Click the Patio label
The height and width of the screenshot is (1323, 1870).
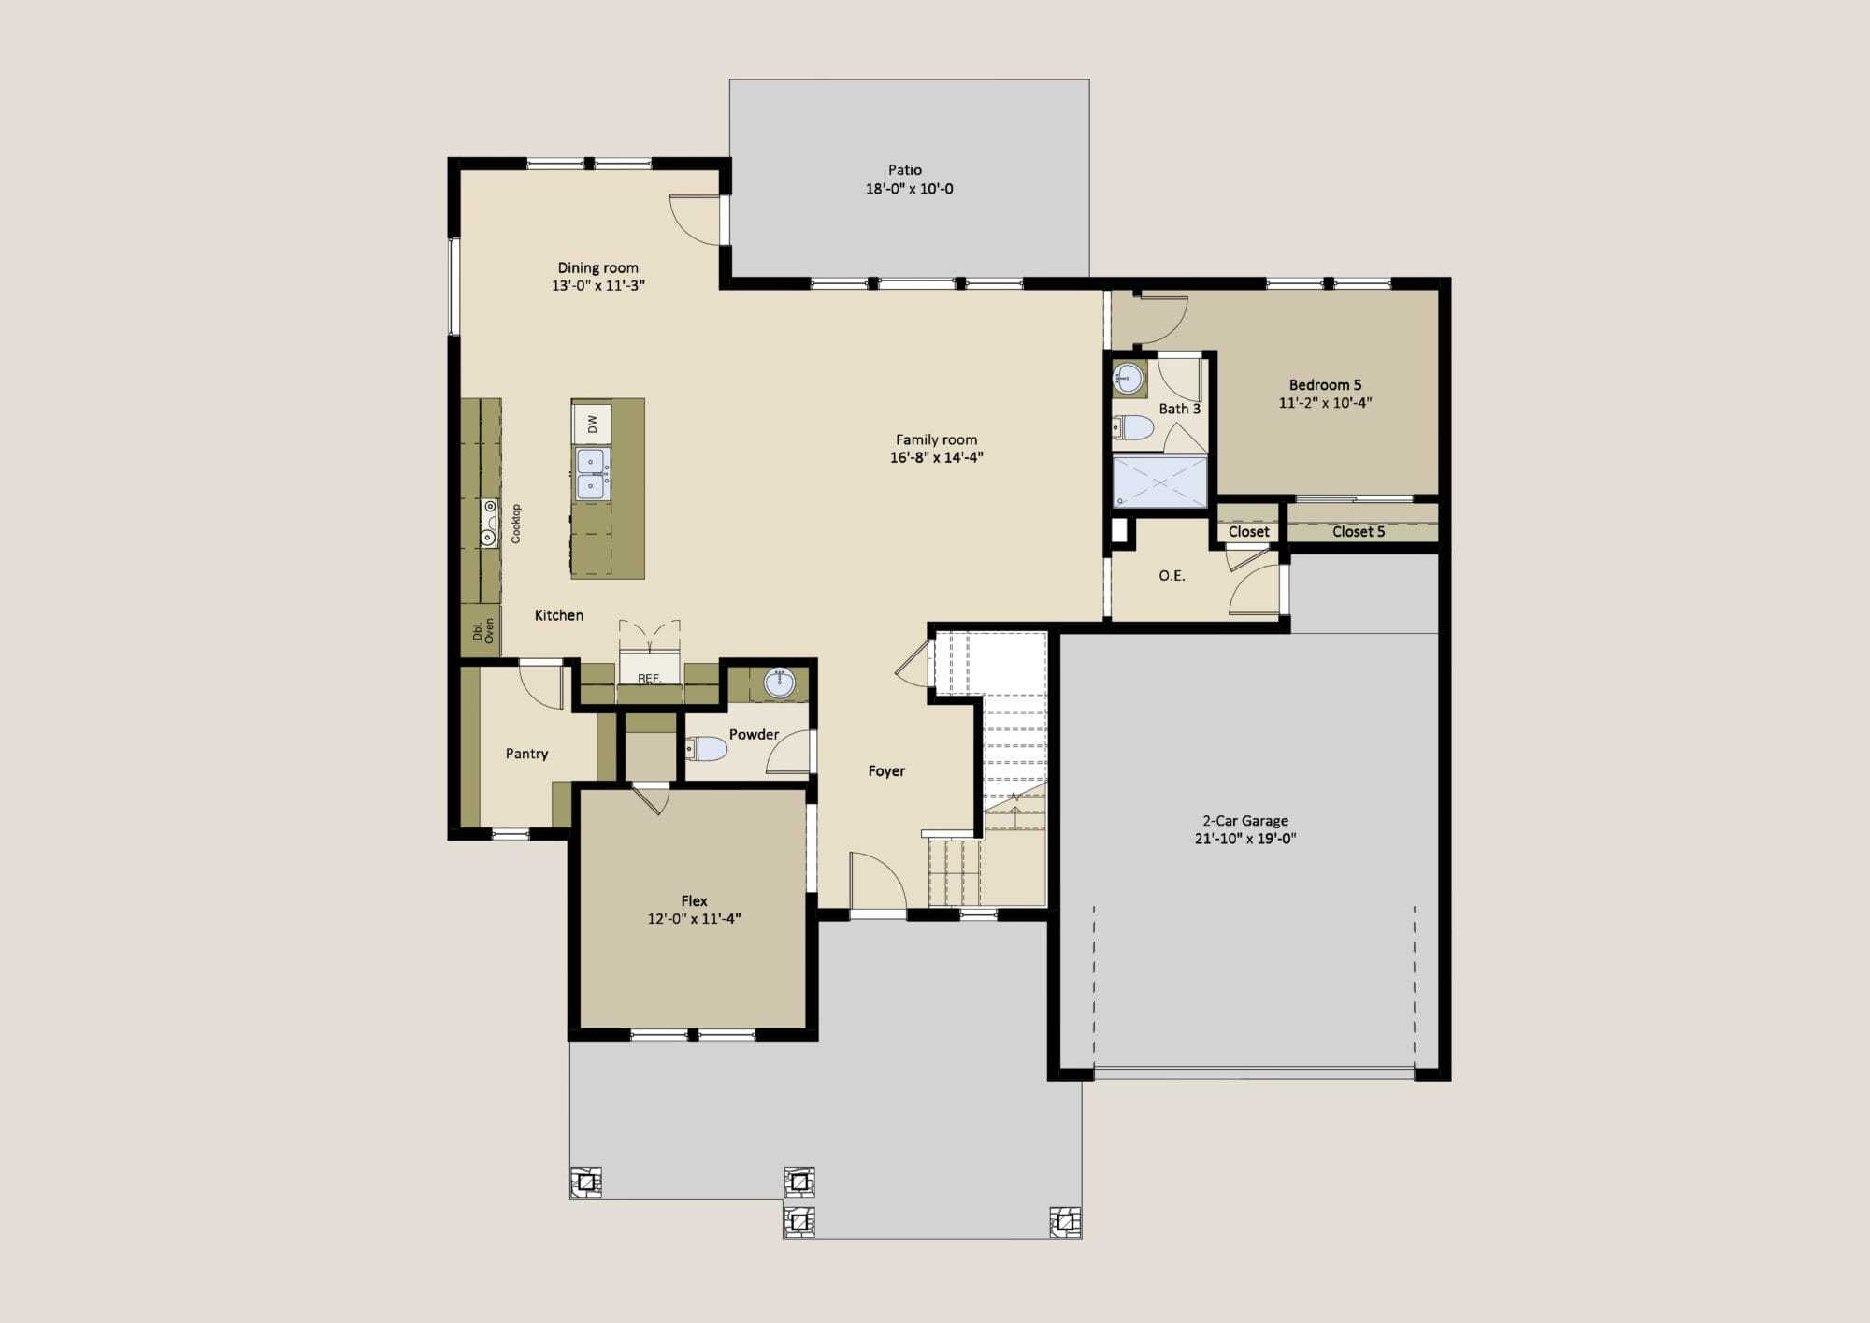click(905, 170)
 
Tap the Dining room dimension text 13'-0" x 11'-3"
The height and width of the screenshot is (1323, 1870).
click(598, 285)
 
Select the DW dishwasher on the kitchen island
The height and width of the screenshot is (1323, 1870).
click(592, 424)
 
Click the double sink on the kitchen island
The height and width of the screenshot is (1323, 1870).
click(591, 474)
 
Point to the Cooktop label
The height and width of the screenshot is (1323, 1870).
click(516, 524)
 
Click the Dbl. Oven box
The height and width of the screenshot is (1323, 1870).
click(482, 630)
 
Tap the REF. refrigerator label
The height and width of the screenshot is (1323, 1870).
click(649, 678)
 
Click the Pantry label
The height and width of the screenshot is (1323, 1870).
click(526, 754)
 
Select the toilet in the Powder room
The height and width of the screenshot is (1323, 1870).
click(707, 748)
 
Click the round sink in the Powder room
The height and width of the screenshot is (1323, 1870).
click(779, 683)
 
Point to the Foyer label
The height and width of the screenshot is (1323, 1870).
click(886, 771)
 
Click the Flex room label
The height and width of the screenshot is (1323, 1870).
click(694, 900)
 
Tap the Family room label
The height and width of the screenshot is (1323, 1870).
click(936, 439)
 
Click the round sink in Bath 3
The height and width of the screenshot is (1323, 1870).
click(1129, 379)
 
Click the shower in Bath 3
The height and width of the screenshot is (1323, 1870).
click(1159, 482)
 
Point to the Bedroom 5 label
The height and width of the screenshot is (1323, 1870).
click(1325, 385)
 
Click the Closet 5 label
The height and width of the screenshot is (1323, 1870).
click(1359, 532)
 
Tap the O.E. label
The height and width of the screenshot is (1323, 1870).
click(1172, 576)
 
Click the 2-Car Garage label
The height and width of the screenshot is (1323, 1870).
click(1245, 821)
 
